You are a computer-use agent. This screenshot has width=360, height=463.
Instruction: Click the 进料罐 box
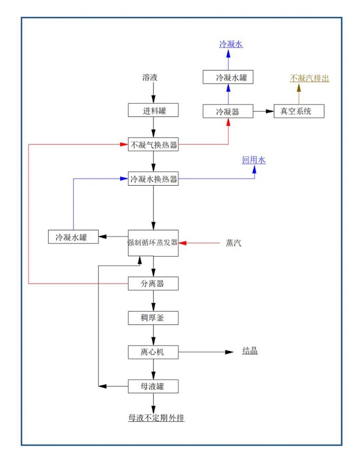tap(153, 111)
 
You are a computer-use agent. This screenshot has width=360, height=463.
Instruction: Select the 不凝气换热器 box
tap(153, 144)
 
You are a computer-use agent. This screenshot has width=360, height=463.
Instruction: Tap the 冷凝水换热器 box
tap(153, 179)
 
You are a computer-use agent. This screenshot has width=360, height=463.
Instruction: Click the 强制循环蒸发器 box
tap(153, 243)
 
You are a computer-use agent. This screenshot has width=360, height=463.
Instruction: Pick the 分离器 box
tap(153, 284)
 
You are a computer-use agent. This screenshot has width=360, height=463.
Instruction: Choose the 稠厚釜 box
tap(153, 318)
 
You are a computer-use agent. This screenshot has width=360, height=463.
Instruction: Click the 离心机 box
tap(153, 352)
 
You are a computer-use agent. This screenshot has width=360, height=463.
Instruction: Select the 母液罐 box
tap(153, 386)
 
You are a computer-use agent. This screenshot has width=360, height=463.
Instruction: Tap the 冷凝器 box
tap(228, 112)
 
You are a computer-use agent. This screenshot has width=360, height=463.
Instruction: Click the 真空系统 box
tap(299, 112)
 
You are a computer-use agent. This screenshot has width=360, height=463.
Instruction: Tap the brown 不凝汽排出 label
tap(310, 78)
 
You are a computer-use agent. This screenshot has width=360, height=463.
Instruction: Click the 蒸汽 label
tap(233, 243)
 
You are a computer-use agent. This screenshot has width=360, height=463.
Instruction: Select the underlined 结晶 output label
tap(250, 351)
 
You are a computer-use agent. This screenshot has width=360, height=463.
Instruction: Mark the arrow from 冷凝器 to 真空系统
tap(263, 112)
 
